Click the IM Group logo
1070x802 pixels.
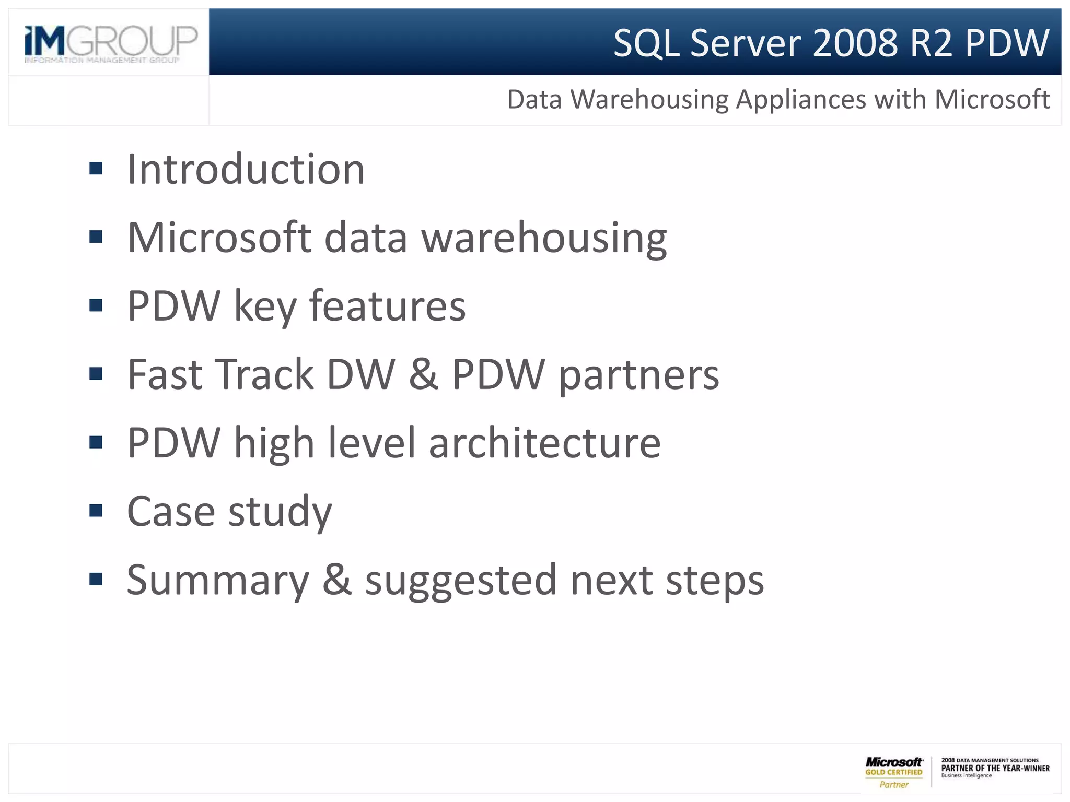click(x=111, y=43)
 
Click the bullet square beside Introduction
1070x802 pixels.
click(x=96, y=169)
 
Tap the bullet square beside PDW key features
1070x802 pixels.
click(x=96, y=305)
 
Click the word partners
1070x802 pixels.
click(x=638, y=375)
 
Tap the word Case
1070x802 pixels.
click(x=171, y=511)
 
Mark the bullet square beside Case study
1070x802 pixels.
click(x=96, y=511)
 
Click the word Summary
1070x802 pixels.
click(x=218, y=580)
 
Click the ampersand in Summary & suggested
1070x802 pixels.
click(x=336, y=580)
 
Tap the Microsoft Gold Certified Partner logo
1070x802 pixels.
click(x=893, y=772)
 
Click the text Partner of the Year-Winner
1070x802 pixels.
click(x=995, y=768)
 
